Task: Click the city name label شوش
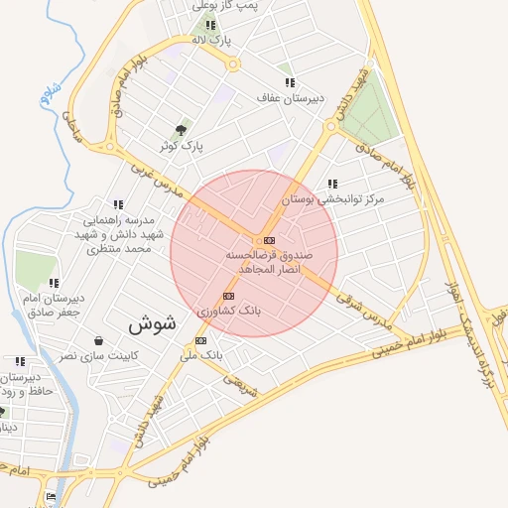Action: point(152,322)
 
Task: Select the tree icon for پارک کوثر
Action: point(181,130)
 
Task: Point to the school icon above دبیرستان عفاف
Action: point(289,82)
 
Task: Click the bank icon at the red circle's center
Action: point(269,240)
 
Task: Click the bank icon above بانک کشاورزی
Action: point(229,296)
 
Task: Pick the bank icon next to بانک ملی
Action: point(202,340)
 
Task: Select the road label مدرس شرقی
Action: point(364,309)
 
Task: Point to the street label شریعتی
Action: point(239,382)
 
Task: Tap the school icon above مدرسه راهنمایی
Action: point(119,204)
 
